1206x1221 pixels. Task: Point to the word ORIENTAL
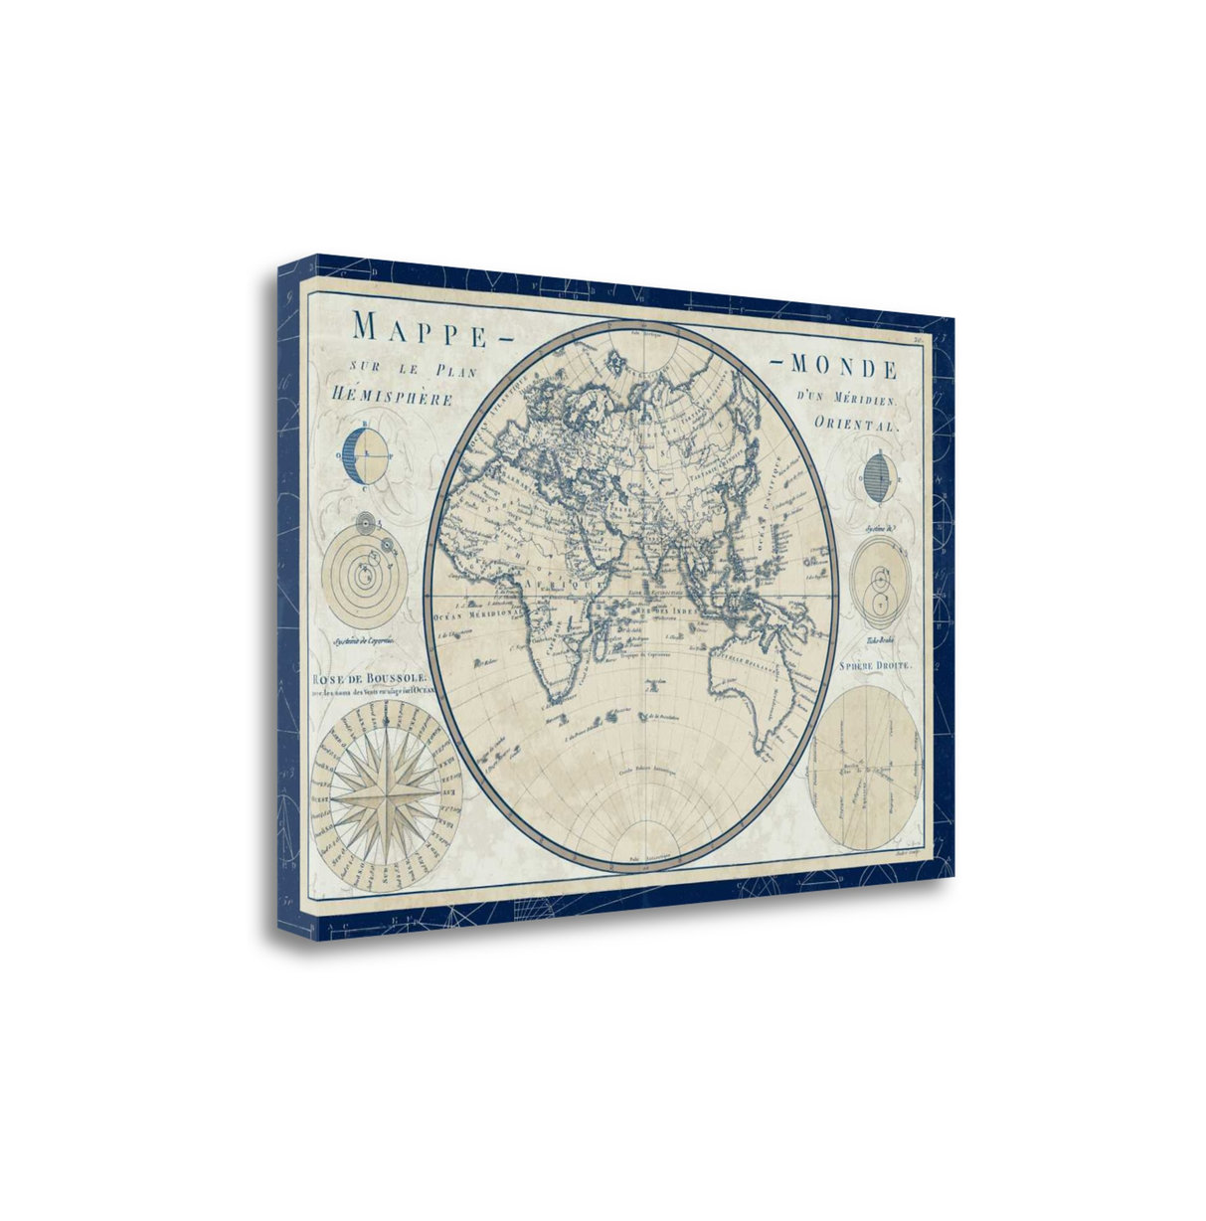pyautogui.click(x=855, y=422)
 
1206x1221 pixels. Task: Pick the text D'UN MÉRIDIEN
pyautogui.click(x=846, y=399)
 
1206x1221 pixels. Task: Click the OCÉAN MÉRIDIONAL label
pyautogui.click(x=476, y=614)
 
